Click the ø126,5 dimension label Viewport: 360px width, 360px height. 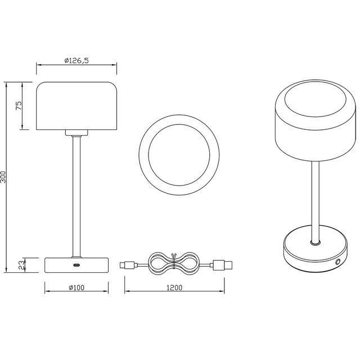[77, 59]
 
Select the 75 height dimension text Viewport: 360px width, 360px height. [19, 106]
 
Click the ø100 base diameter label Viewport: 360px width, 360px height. [76, 288]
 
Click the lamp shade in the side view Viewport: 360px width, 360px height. [77, 106]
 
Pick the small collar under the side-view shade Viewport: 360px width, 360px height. [76, 133]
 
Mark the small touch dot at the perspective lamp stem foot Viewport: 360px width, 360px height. [314, 243]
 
